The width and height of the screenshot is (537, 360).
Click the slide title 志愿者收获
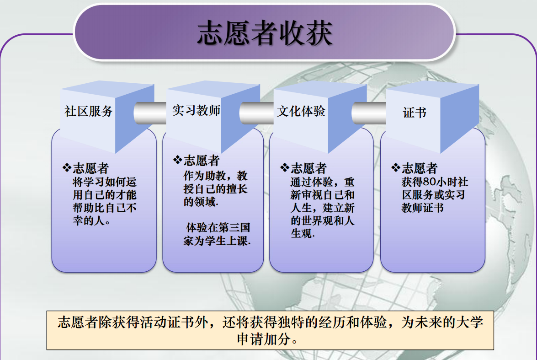tap(265, 33)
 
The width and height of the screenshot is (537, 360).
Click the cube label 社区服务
tap(89, 111)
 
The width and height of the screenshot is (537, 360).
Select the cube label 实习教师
tap(196, 110)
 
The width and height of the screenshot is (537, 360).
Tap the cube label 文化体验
tap(301, 111)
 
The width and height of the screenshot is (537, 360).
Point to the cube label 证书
tap(415, 113)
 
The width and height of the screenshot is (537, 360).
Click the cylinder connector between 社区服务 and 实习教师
tap(150, 113)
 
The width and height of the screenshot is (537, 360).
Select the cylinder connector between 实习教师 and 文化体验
tap(256, 113)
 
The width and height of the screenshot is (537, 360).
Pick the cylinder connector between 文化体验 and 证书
tap(369, 113)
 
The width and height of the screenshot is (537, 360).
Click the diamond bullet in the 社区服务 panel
tap(67, 167)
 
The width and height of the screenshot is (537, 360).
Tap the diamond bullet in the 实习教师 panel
tap(177, 160)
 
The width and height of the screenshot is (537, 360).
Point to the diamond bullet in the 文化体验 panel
tap(285, 167)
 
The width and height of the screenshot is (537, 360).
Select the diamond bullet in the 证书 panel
tap(396, 167)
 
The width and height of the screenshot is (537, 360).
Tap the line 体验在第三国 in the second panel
tap(218, 227)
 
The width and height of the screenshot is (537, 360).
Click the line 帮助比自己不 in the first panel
tap(105, 208)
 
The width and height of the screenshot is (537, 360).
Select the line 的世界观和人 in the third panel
tap(323, 220)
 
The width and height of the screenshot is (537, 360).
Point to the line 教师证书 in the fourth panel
tap(423, 208)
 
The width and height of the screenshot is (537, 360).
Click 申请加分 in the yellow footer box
tap(264, 339)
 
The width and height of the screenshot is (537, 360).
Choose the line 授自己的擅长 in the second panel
tap(215, 188)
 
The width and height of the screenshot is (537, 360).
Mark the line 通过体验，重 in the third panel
tap(323, 182)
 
